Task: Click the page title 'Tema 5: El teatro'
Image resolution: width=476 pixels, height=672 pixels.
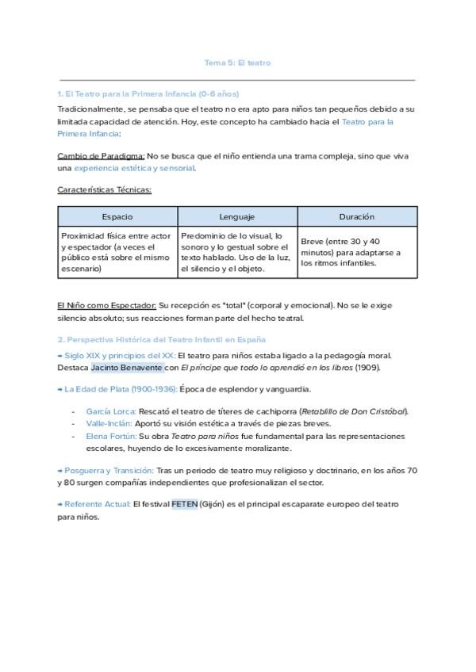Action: (238, 63)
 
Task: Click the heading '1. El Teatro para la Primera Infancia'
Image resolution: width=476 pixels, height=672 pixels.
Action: (148, 94)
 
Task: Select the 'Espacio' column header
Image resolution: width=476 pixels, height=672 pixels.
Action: (117, 216)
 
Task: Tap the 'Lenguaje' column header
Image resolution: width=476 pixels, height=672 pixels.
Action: (237, 216)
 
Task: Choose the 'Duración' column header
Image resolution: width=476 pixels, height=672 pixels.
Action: (357, 216)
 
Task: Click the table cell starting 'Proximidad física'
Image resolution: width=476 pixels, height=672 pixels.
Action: (117, 252)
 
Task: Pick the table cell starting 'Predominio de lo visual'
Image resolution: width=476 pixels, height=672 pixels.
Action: (237, 252)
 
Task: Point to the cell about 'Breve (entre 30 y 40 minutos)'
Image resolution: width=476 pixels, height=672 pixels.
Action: (357, 252)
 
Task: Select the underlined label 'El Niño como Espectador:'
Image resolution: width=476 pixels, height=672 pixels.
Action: (107, 305)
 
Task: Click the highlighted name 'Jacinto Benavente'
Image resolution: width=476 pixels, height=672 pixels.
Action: (127, 368)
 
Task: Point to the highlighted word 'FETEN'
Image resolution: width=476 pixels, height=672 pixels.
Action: (184, 504)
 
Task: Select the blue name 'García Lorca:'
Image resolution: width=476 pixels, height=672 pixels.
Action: (110, 411)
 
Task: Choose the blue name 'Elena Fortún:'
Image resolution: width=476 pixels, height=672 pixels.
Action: (111, 437)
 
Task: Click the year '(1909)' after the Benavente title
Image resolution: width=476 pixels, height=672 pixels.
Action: (367, 368)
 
